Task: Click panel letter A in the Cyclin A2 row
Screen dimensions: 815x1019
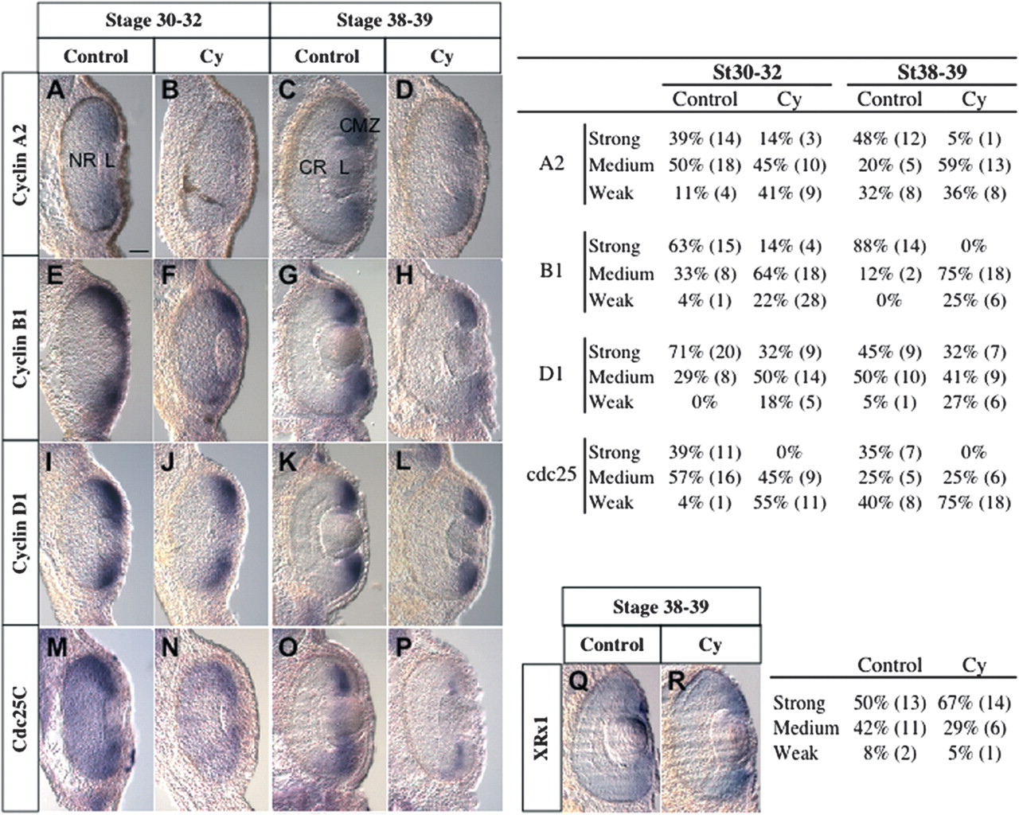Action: point(55,90)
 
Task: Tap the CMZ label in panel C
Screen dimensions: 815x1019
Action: point(360,125)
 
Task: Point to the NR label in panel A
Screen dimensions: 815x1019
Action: point(82,161)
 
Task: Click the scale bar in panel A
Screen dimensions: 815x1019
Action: point(138,250)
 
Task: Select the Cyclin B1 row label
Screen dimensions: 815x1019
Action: point(20,349)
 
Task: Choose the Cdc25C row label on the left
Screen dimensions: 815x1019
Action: point(20,718)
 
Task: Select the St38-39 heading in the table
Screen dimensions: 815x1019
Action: point(931,72)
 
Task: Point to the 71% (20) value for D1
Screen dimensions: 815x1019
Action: point(705,352)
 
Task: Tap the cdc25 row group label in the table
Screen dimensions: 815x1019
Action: point(551,478)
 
